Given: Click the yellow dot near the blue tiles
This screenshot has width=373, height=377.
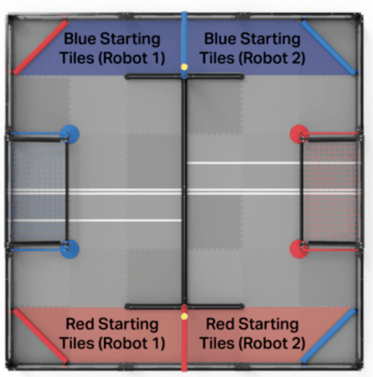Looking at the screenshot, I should [x=184, y=67].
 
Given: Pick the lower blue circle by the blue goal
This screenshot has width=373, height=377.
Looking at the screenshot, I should [x=69, y=250].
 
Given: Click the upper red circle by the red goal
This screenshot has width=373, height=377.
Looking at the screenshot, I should [x=299, y=133].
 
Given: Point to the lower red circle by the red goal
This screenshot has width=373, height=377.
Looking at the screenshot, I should [x=299, y=250].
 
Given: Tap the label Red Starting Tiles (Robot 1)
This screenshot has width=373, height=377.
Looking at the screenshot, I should [x=113, y=333].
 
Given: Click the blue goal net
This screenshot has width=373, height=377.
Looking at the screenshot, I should [x=37, y=191].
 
